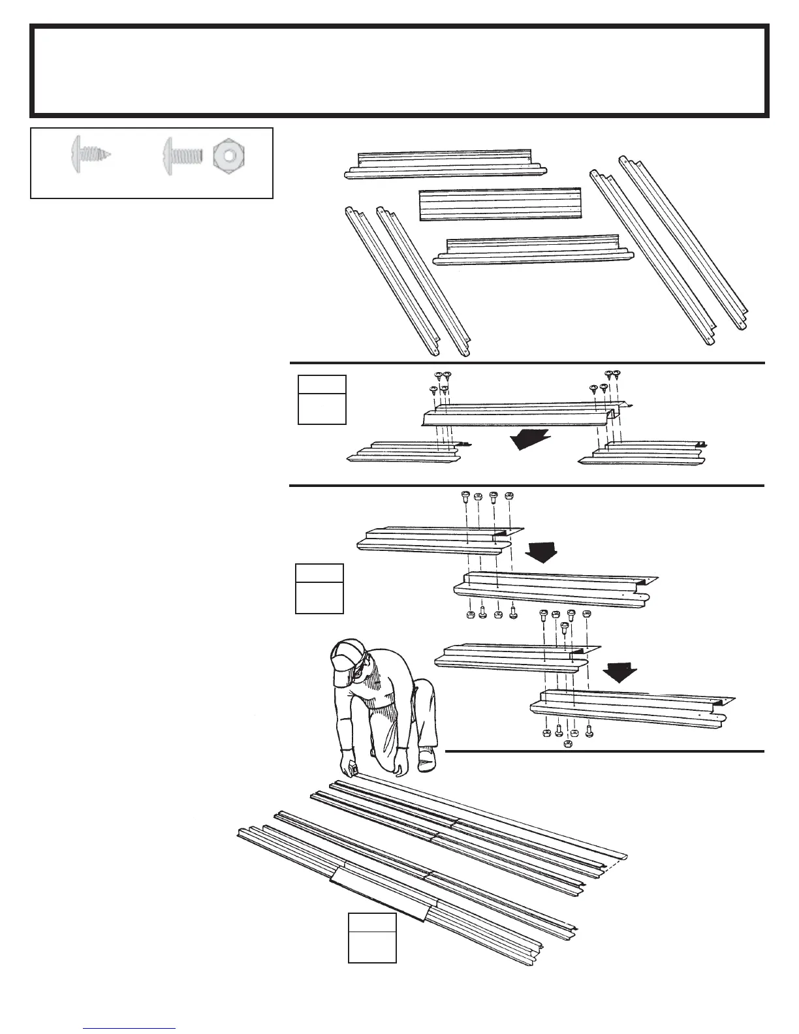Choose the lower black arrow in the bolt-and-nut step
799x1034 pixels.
coord(619,671)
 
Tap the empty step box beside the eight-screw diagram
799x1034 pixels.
coord(322,399)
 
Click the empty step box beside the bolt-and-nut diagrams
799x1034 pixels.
coord(319,589)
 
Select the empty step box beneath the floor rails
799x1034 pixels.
coord(372,937)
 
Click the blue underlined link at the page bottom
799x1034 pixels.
coord(129,1028)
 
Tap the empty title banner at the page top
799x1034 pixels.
coord(399,70)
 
